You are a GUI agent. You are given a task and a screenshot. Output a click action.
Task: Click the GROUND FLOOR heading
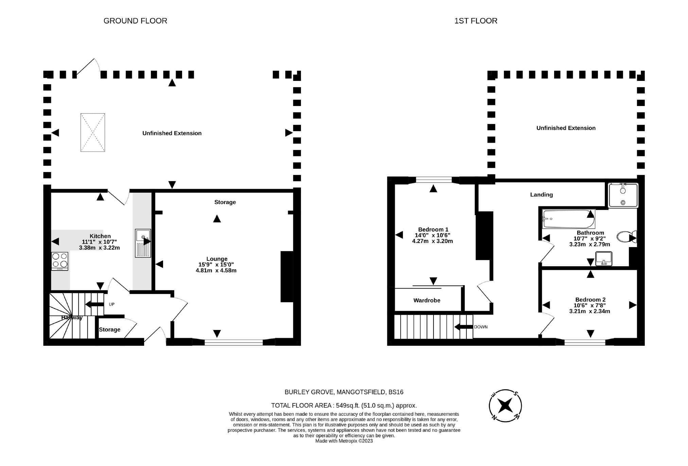(135, 21)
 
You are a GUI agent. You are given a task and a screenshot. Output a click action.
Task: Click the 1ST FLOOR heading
(476, 21)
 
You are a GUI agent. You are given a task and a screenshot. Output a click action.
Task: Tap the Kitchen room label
(100, 236)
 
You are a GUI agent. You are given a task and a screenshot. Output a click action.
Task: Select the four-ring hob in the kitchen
(60, 261)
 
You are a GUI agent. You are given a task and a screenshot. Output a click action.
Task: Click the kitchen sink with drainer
(143, 243)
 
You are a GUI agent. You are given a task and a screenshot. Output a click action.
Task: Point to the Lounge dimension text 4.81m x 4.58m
(216, 271)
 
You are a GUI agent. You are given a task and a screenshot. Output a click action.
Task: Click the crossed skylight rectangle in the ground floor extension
(93, 132)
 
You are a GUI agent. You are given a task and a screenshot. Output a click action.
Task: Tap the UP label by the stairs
(111, 304)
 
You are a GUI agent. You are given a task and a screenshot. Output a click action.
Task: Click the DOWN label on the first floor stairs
(481, 327)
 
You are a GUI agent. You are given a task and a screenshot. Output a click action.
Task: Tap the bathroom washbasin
(604, 258)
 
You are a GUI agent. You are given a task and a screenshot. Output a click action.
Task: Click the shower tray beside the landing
(623, 195)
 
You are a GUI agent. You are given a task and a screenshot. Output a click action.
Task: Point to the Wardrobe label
(427, 300)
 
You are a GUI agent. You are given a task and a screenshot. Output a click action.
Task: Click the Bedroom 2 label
(590, 299)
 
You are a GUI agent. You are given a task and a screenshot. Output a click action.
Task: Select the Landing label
(541, 195)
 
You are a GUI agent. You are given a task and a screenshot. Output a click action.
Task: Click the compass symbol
(505, 405)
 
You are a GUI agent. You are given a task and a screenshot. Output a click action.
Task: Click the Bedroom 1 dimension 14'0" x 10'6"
(433, 235)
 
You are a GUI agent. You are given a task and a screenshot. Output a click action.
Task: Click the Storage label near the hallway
(109, 329)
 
